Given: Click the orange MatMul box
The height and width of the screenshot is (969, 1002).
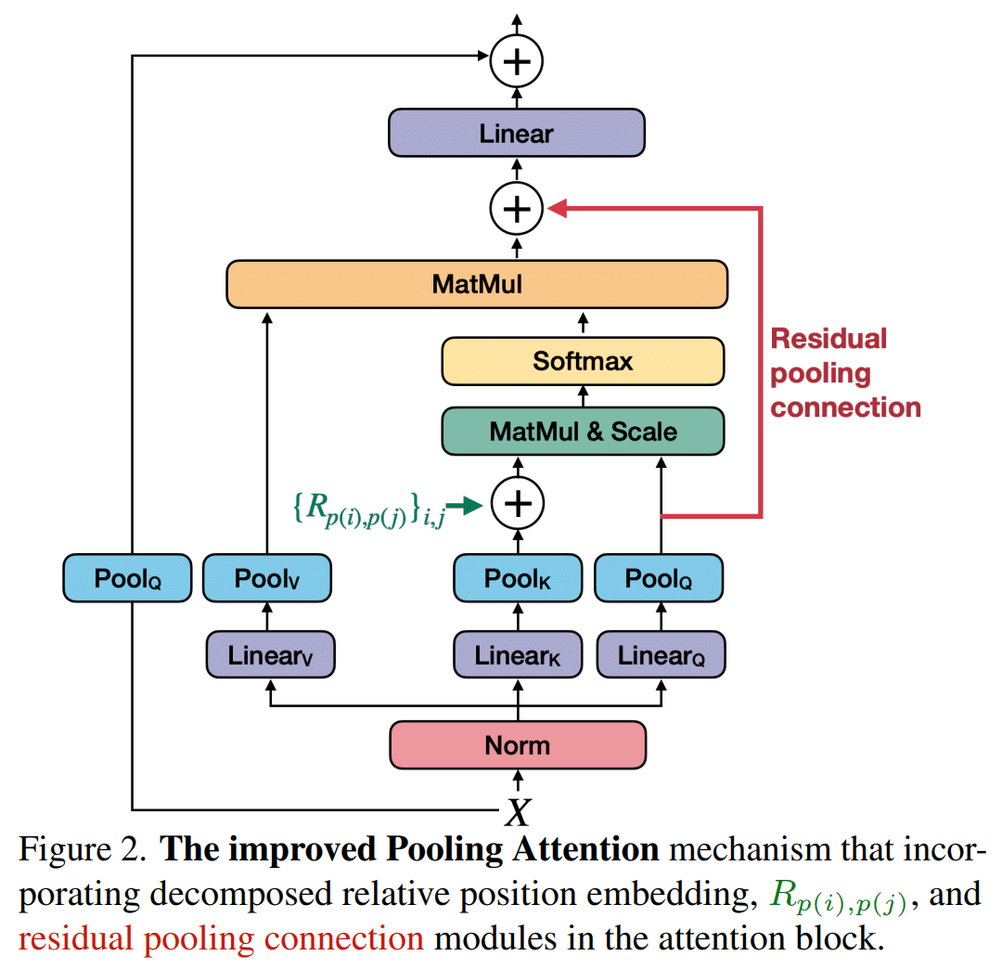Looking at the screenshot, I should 477,284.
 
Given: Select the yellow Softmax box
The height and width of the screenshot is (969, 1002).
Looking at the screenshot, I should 582,361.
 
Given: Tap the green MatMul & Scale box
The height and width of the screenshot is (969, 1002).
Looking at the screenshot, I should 582,431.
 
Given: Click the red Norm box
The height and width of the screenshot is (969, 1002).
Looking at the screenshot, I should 517,745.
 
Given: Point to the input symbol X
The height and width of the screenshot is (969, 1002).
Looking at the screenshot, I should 517,814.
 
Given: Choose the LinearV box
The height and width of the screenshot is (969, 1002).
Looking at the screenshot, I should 269,656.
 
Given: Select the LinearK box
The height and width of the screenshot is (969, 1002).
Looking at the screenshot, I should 518,656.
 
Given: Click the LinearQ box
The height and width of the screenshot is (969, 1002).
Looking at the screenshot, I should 661,656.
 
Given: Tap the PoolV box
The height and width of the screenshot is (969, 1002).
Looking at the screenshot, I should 267,579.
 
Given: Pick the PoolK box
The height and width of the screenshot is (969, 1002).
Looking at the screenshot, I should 518,579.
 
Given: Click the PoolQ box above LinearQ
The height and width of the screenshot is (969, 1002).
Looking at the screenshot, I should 659,579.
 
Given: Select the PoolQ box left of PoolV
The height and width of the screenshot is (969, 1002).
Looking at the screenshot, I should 127,579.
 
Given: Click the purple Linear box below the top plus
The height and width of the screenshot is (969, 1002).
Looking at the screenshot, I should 516,133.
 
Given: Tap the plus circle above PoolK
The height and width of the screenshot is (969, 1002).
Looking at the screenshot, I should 517,503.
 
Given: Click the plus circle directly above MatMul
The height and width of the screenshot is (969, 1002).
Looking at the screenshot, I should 517,209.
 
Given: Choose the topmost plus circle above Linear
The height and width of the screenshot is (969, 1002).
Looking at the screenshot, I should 517,61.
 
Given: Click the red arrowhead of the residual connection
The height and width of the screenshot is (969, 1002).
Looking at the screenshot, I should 558,209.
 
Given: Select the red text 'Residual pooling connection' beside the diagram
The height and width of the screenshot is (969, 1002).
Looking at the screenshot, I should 844,373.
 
